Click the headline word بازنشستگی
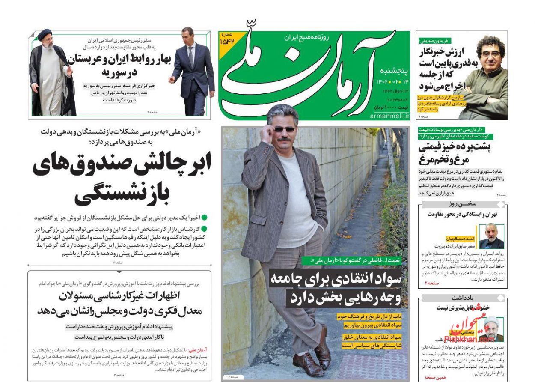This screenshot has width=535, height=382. tap(122, 194)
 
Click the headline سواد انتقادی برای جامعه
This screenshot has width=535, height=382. tap(336, 279)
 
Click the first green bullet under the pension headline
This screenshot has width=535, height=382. tap(204, 218)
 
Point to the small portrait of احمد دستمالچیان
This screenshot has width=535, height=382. tap(491, 236)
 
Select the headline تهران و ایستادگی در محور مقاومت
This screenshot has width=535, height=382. tap(463, 214)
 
